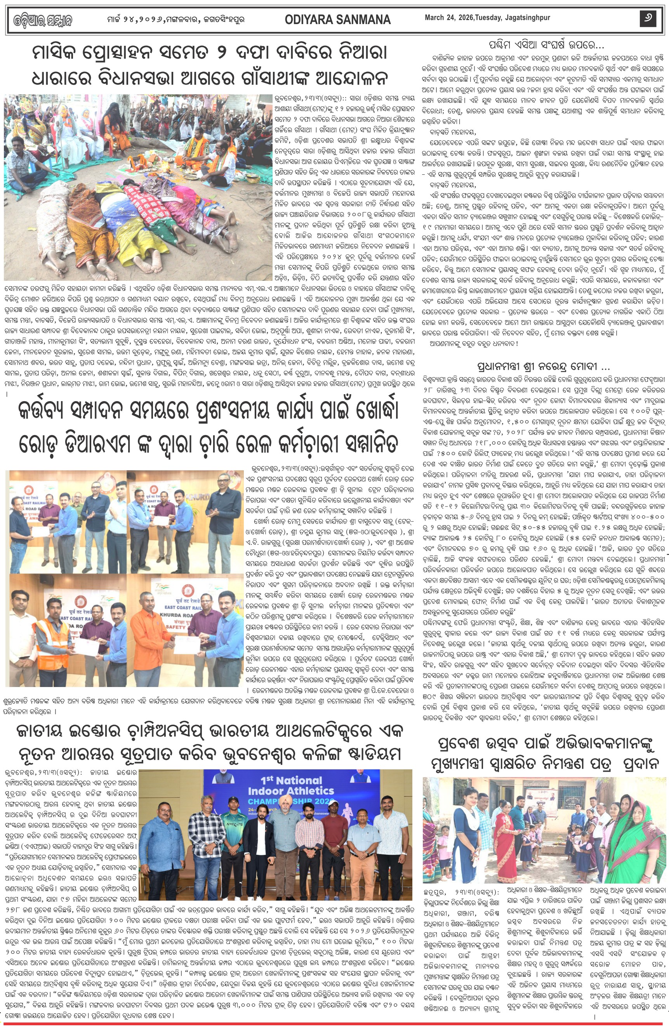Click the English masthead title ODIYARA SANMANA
click(x=337, y=19)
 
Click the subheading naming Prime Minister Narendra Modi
click(x=544, y=367)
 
